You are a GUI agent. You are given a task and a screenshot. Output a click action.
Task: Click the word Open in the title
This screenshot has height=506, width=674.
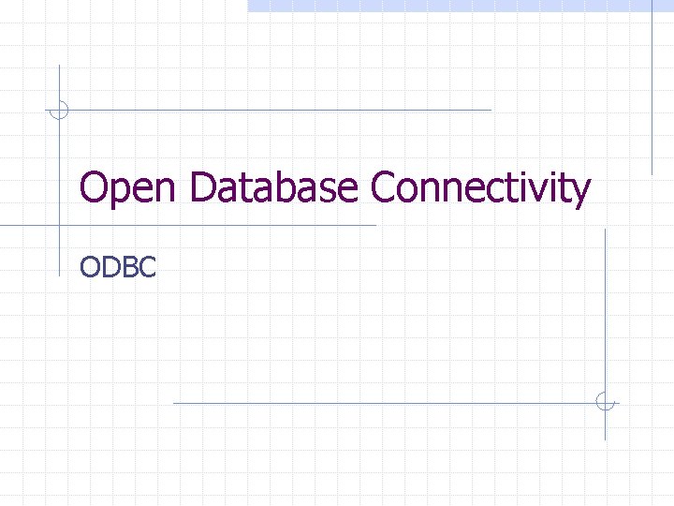click(x=129, y=190)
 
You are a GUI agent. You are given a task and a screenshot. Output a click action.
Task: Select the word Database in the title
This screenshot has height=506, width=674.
click(x=273, y=188)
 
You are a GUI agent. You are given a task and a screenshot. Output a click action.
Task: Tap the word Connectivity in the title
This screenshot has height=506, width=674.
click(x=481, y=190)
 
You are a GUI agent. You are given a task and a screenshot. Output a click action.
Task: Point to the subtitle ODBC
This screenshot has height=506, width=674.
click(x=118, y=267)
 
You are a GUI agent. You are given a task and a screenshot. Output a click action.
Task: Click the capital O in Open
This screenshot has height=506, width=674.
click(x=95, y=188)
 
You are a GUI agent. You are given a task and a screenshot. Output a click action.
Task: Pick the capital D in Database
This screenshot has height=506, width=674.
click(x=203, y=188)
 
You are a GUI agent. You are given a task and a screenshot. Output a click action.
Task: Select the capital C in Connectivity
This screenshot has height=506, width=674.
click(x=385, y=188)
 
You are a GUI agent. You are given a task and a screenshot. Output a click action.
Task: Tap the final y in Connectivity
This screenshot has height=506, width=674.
click(x=580, y=193)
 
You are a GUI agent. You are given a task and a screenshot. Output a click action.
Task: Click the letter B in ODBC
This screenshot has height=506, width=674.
click(x=127, y=267)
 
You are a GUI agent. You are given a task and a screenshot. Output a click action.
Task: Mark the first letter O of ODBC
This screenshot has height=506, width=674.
click(x=90, y=267)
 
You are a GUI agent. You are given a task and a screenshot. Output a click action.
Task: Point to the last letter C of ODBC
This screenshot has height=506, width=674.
click(x=146, y=267)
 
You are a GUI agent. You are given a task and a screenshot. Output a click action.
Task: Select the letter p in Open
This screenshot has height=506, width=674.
click(x=120, y=193)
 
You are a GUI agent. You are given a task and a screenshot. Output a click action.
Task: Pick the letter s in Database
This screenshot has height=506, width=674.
click(x=327, y=191)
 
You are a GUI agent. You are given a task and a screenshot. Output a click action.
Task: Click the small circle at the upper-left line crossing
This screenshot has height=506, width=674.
click(x=59, y=110)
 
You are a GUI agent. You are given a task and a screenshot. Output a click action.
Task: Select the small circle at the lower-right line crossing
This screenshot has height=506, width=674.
click(x=606, y=403)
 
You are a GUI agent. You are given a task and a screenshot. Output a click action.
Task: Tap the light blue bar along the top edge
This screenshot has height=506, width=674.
click(x=459, y=5)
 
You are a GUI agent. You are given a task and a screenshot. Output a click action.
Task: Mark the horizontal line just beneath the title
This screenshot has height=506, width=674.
click(x=187, y=226)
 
